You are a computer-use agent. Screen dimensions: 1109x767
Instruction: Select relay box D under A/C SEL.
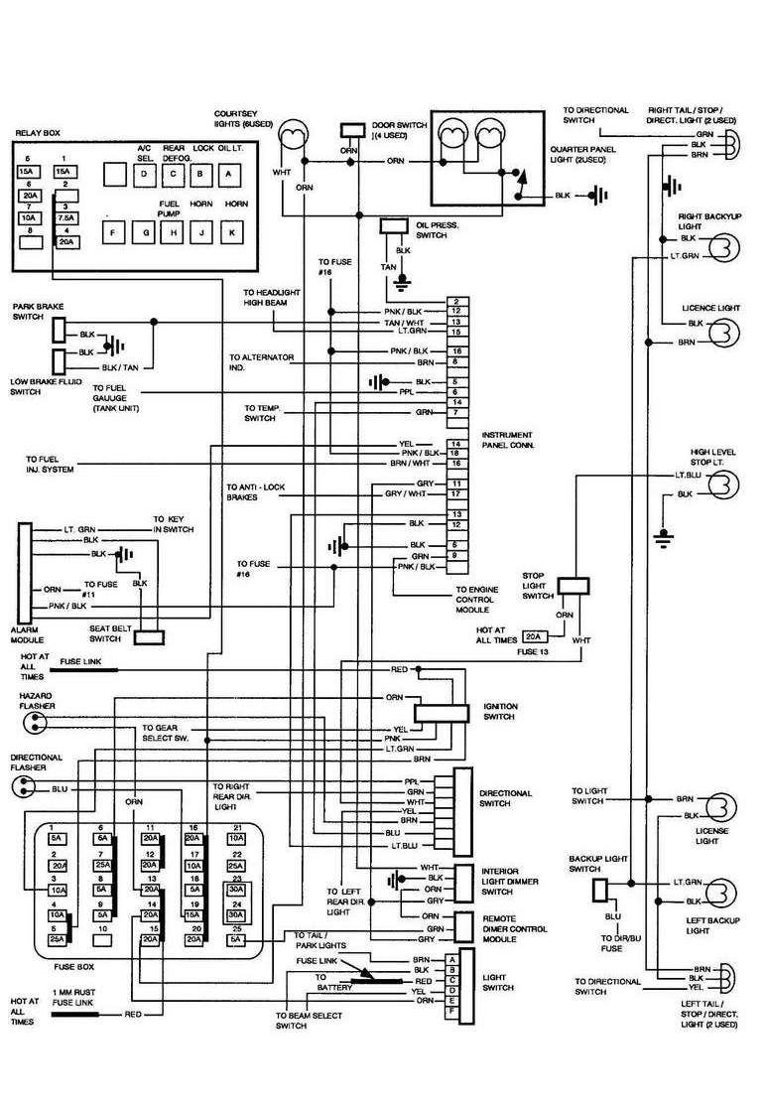(x=145, y=175)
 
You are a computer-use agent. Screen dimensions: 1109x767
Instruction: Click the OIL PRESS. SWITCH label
(x=437, y=231)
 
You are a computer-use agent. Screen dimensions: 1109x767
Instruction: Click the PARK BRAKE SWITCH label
(x=34, y=311)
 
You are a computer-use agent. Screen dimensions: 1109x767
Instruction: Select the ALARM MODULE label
(x=26, y=632)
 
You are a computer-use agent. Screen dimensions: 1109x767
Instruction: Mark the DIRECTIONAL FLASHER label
(x=37, y=762)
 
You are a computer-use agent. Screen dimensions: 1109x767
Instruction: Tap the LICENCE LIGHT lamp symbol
(x=724, y=331)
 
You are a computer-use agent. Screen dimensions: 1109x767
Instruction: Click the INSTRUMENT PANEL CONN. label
(x=506, y=442)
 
